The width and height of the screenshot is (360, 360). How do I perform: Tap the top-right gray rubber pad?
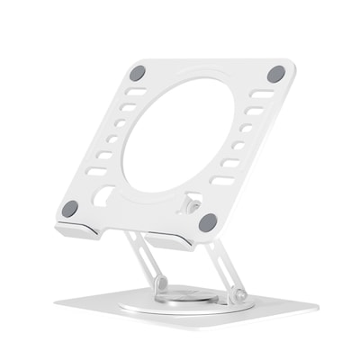pos(275,74)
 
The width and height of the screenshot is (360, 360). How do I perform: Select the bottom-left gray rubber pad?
pos(69,209)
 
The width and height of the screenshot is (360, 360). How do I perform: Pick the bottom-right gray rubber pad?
pos(208,221)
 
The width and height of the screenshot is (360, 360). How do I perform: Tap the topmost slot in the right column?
pos(262,94)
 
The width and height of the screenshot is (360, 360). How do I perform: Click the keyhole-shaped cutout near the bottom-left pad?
pos(104,193)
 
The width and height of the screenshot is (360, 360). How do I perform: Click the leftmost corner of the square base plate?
pos(55,301)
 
